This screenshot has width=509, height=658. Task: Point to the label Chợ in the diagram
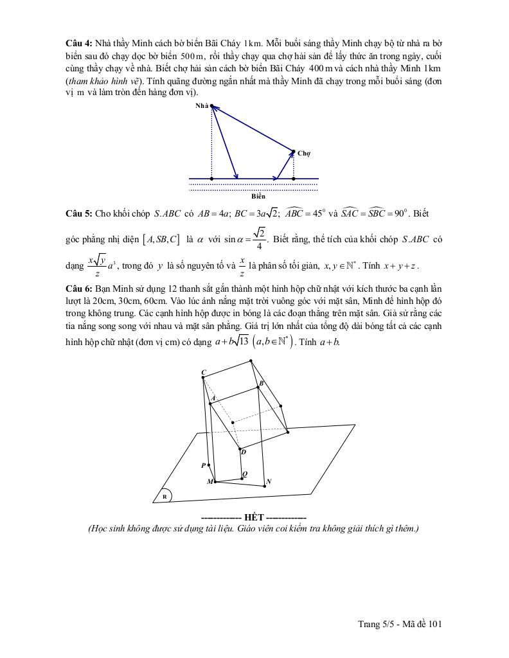pyautogui.click(x=304, y=154)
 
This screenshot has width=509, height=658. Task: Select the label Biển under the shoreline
pyautogui.click(x=258, y=196)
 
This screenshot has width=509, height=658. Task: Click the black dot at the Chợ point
pyautogui.click(x=294, y=152)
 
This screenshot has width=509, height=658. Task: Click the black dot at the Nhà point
pyautogui.click(x=211, y=106)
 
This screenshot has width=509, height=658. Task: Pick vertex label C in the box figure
pyautogui.click(x=203, y=373)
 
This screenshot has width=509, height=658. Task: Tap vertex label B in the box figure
pyautogui.click(x=260, y=384)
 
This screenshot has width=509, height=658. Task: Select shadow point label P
pyautogui.click(x=203, y=465)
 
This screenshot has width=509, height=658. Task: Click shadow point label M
pyautogui.click(x=210, y=481)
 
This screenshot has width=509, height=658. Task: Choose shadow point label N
pyautogui.click(x=269, y=481)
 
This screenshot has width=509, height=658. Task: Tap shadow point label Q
pyautogui.click(x=244, y=474)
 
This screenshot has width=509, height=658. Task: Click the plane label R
pyautogui.click(x=165, y=497)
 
